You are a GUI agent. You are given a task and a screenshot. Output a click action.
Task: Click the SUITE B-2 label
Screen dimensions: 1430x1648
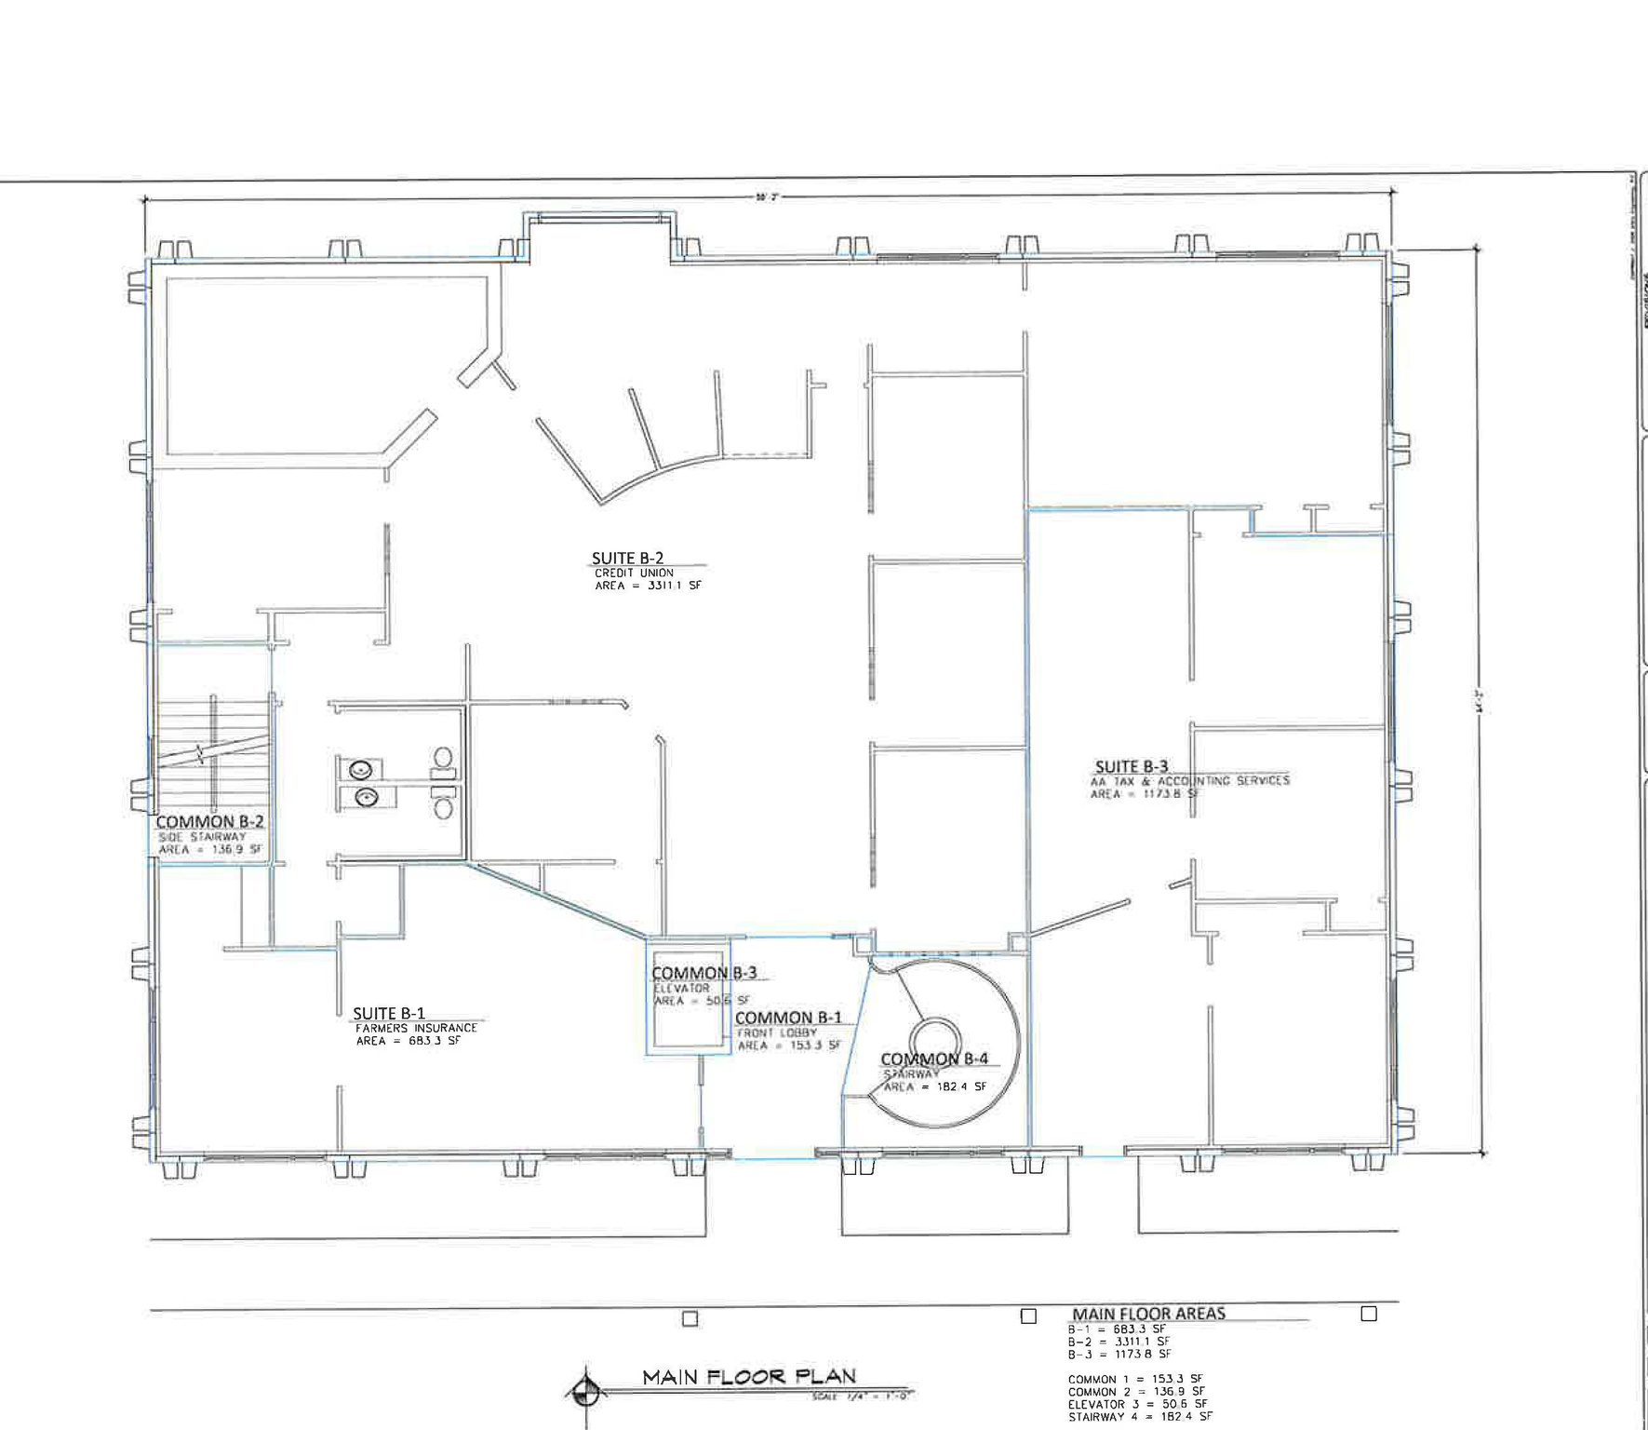click(627, 559)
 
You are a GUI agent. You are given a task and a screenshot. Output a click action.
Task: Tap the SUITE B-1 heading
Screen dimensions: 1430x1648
click(389, 1014)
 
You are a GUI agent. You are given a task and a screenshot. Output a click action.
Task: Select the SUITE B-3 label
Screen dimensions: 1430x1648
click(1131, 767)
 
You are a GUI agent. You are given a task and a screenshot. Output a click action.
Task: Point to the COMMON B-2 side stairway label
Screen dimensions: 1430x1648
click(209, 822)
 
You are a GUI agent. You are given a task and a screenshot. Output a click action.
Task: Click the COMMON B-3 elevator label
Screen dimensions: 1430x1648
click(703, 974)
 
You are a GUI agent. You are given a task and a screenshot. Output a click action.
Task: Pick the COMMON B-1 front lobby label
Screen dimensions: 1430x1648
click(788, 1019)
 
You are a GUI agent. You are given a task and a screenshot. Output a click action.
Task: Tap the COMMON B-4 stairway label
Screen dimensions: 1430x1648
click(934, 1059)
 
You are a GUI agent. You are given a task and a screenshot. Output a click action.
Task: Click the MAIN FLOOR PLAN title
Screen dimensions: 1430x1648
click(749, 1377)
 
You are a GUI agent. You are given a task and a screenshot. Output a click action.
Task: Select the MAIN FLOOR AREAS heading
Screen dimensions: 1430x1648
click(1148, 1314)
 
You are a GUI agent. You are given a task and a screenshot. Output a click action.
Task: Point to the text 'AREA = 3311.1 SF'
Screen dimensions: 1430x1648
click(648, 587)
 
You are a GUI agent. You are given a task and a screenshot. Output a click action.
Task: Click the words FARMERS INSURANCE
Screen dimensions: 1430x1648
click(416, 1028)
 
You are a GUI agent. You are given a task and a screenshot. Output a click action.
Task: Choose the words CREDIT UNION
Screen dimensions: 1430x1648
click(634, 573)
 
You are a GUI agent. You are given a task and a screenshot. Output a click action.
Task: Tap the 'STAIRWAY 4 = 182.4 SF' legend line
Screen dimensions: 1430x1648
click(1140, 1417)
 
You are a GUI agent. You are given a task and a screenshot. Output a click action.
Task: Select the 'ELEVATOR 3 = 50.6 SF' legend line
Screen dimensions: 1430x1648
click(1137, 1404)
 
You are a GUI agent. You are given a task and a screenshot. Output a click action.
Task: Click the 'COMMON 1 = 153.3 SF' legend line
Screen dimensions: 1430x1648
click(1134, 1380)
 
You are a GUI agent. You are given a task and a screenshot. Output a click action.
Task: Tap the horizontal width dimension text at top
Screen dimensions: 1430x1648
click(766, 197)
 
